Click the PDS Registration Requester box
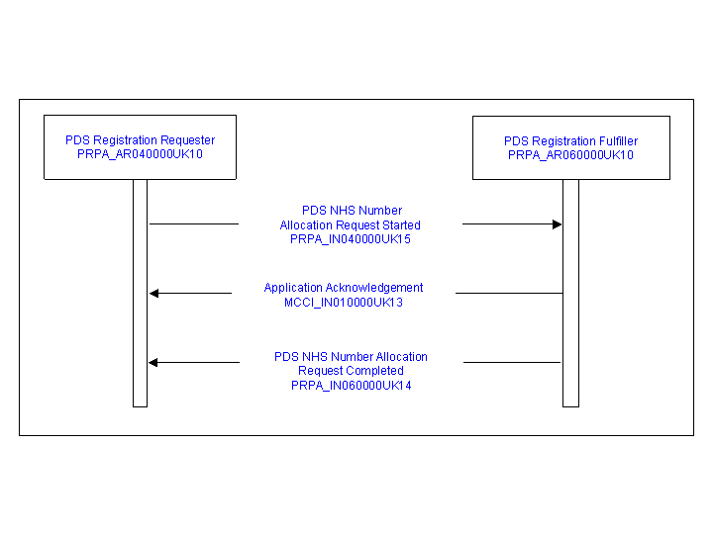140,147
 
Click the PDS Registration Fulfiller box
571,147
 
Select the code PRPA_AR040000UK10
140,154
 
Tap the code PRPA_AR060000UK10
570,155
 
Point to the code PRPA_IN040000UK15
351,239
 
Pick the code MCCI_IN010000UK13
344,303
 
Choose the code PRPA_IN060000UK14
351,386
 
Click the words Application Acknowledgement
344,288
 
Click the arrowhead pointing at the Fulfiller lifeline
557,224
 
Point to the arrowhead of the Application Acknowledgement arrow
154,294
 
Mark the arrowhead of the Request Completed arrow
153,362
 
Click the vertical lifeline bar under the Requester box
140,294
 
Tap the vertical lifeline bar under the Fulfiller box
570,294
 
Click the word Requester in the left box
187,140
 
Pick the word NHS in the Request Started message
339,211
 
